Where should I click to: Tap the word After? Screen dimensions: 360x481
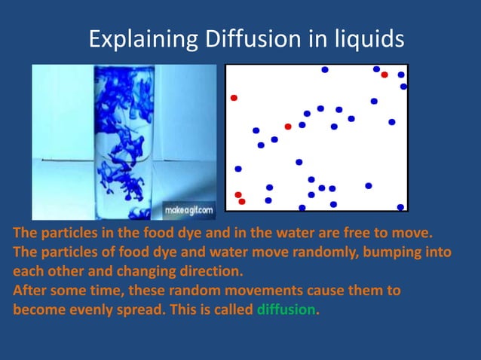pyautogui.click(x=26, y=290)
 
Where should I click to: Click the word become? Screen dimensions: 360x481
pyautogui.click(x=35, y=310)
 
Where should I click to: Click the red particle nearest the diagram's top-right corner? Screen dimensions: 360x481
pyautogui.click(x=384, y=75)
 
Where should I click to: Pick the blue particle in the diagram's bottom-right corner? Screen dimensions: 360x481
pyautogui.click(x=400, y=207)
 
